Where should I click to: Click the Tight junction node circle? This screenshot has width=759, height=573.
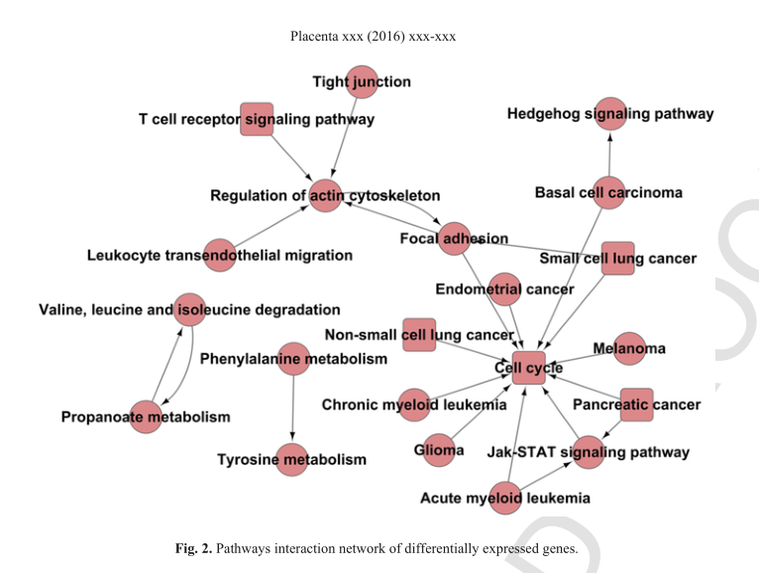tap(363, 81)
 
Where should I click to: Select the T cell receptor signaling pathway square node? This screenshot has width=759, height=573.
tap(257, 119)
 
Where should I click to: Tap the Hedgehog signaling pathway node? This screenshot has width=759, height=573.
tap(609, 114)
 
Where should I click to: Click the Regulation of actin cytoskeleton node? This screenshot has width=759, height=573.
tap(325, 196)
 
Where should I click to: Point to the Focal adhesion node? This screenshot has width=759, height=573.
tap(454, 238)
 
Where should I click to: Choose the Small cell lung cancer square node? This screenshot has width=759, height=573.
tap(617, 258)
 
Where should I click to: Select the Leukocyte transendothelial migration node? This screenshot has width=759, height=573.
tap(219, 255)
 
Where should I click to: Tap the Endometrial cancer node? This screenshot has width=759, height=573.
tap(504, 289)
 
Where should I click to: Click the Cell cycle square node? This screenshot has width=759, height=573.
tap(529, 368)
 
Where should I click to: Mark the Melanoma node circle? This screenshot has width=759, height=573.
tap(629, 348)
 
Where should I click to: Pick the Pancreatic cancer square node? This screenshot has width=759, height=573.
tap(637, 404)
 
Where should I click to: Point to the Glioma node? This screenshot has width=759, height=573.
tap(439, 450)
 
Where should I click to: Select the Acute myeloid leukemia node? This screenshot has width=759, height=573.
tap(505, 498)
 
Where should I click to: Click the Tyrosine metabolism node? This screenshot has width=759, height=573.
tap(292, 459)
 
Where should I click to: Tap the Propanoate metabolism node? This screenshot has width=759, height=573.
tap(147, 416)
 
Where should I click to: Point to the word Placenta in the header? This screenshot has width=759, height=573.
tap(316, 37)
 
